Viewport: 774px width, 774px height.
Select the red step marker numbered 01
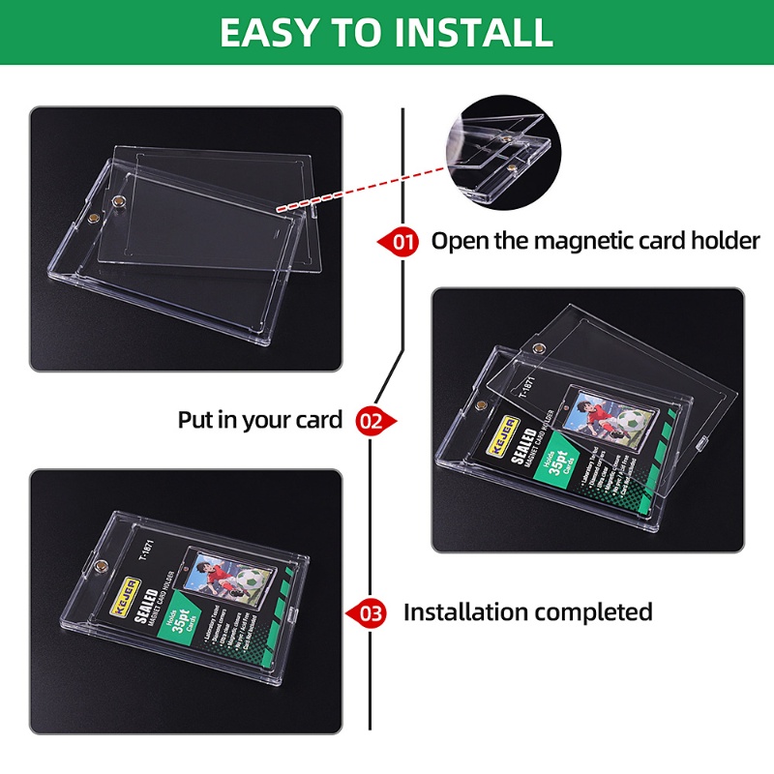(x=400, y=241)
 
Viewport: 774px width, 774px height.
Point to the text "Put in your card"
(x=259, y=420)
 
